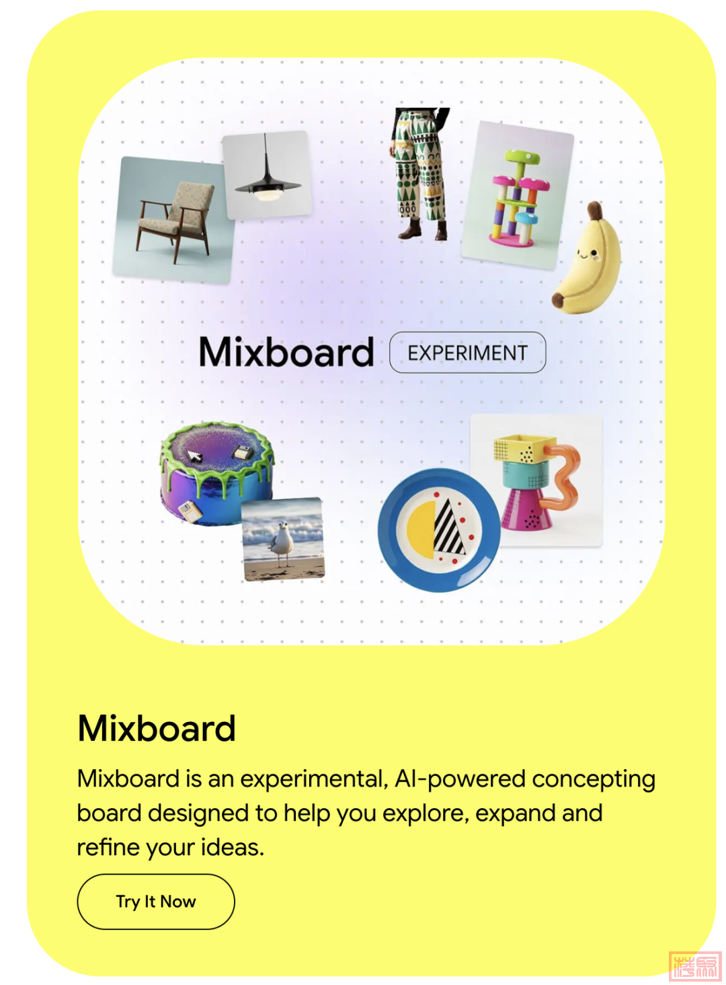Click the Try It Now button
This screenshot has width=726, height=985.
[x=156, y=902]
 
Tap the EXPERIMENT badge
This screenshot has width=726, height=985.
[x=468, y=353]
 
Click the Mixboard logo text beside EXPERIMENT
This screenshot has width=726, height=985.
[x=286, y=352]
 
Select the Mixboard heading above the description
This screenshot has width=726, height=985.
[x=157, y=728]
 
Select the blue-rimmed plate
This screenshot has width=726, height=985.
[x=439, y=530]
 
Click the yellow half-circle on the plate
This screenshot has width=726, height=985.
[x=421, y=530]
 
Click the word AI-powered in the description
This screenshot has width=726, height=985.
[x=460, y=779]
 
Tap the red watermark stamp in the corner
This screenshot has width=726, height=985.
[x=696, y=967]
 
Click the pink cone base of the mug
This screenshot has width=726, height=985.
[x=526, y=509]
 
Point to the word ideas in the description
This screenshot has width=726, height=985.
[x=232, y=847]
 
